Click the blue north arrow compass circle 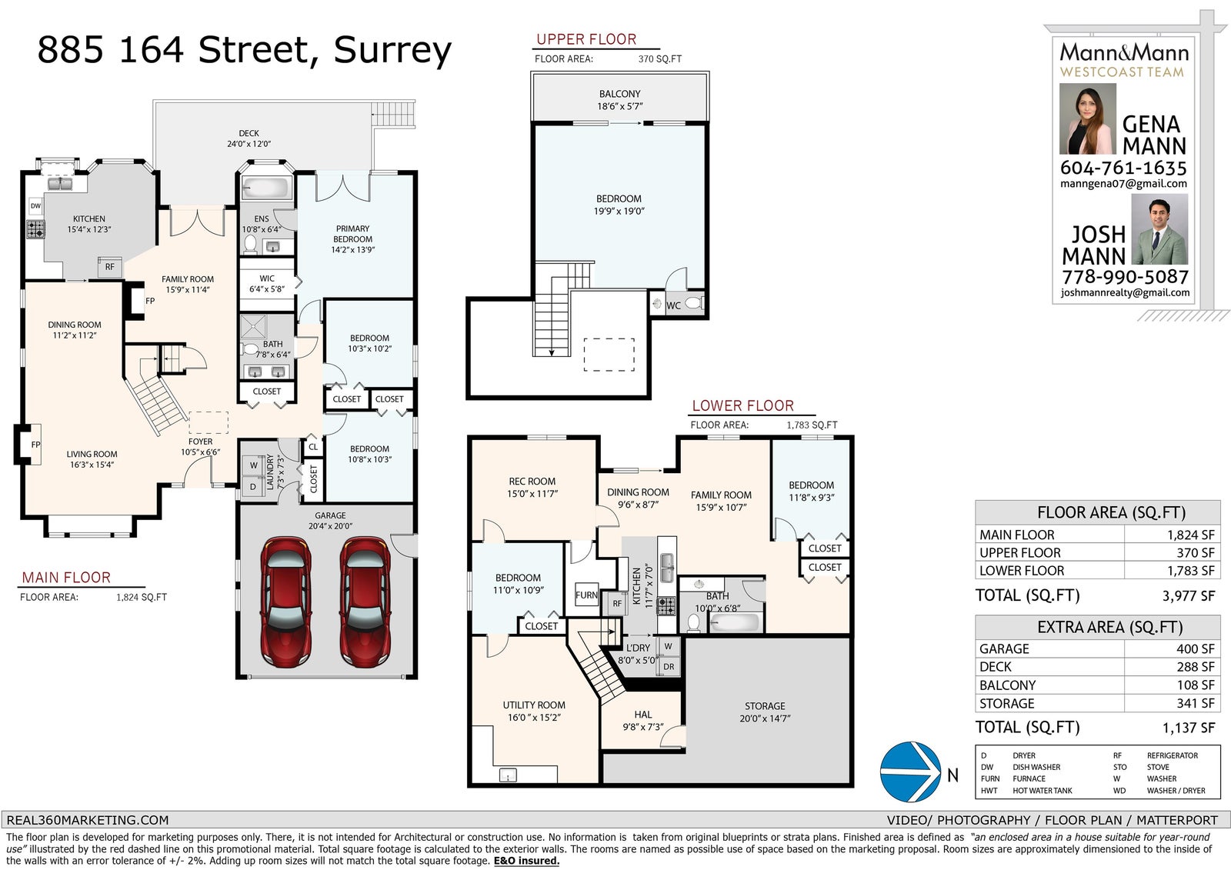911,772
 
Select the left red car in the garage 285,602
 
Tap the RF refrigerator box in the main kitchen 110,267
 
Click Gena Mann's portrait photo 1088,118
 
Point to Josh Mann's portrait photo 1159,229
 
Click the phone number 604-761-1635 1123,168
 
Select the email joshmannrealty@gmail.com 1125,293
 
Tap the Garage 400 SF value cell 1172,648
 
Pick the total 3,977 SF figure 1188,595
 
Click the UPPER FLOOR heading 586,39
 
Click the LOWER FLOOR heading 742,405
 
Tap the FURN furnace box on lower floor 586,595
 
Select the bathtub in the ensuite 266,188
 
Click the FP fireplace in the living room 28,445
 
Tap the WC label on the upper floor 673,305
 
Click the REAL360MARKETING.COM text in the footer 88,820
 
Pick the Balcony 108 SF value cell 1172,685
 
